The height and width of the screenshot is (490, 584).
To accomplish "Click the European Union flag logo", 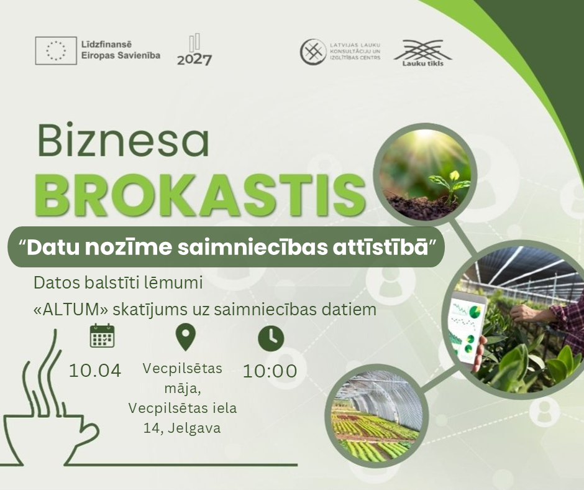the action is click(56, 50).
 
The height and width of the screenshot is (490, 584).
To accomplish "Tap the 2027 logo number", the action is click(194, 60).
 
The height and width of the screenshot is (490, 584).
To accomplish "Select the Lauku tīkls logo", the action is click(422, 53).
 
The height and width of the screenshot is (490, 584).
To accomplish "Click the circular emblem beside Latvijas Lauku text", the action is click(313, 52).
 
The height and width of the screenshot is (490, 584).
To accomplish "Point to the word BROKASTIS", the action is click(199, 196).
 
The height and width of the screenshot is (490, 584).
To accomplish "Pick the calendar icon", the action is click(102, 336).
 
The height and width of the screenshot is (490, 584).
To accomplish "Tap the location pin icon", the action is click(186, 337).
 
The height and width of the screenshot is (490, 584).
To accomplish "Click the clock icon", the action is click(271, 339).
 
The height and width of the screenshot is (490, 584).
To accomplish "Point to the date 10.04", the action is click(95, 371).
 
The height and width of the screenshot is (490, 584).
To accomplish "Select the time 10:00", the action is click(270, 371).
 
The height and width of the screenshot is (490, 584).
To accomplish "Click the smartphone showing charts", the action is click(467, 329).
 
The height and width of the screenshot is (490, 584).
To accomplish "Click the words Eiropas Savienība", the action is click(121, 55).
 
